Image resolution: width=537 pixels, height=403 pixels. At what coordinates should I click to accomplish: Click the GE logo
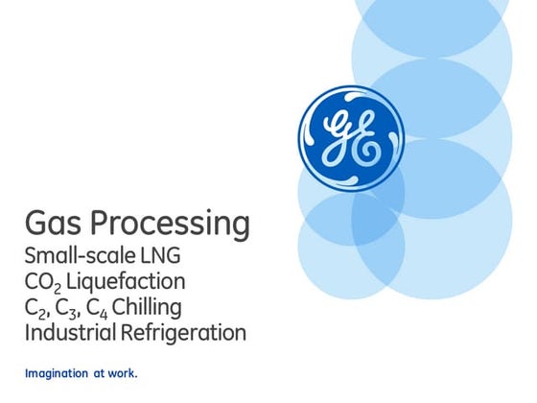pyautogui.click(x=350, y=139)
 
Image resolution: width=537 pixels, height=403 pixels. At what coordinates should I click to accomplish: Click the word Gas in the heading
pyautogui.click(x=54, y=224)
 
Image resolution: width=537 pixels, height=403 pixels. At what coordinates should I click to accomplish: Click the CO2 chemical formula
pyautogui.click(x=42, y=283)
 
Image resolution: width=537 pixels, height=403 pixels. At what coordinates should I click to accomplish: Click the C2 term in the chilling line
pyautogui.click(x=35, y=309)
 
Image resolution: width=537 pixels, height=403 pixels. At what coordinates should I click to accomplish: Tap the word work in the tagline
pyautogui.click(x=122, y=372)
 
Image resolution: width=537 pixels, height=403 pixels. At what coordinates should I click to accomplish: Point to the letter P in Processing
pyautogui.click(x=103, y=224)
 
